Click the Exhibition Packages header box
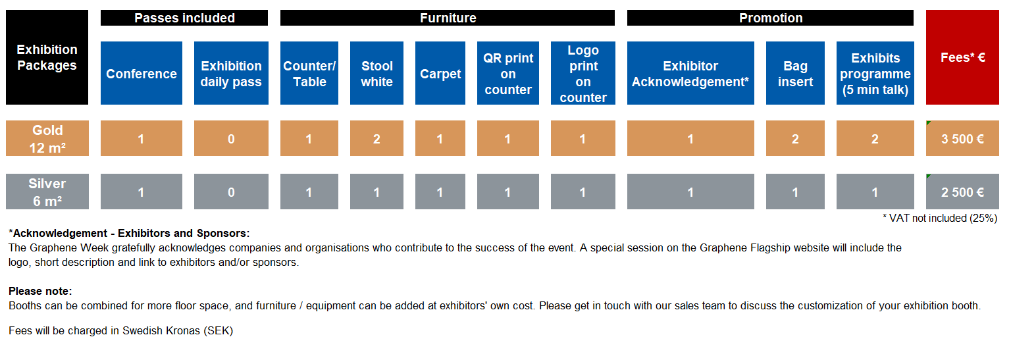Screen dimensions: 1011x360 [x=47, y=57]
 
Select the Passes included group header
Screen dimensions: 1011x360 [x=184, y=18]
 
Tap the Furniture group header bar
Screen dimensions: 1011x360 [x=448, y=18]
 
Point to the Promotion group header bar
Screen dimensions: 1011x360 [x=771, y=18]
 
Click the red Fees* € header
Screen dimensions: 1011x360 [x=962, y=57]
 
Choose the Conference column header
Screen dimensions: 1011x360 [x=142, y=73]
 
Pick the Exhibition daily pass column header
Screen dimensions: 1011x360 [x=231, y=73]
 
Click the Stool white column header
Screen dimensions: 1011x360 [x=377, y=73]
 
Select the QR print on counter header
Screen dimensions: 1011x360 [x=507, y=73]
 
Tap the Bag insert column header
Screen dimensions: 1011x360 [x=795, y=73]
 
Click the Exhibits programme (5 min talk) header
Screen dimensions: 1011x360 [x=875, y=73]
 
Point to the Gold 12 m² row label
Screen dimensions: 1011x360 [x=47, y=138]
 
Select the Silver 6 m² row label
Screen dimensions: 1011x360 [x=47, y=192]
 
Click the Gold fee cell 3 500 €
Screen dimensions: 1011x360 [x=962, y=138]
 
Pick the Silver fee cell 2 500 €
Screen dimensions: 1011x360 [x=962, y=192]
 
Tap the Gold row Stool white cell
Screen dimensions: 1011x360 [x=377, y=138]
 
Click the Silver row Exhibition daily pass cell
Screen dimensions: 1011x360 [x=231, y=192]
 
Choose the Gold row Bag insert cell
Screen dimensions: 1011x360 [x=795, y=138]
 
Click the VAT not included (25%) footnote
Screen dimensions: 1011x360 [x=940, y=219]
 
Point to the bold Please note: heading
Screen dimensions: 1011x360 [x=40, y=291]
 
